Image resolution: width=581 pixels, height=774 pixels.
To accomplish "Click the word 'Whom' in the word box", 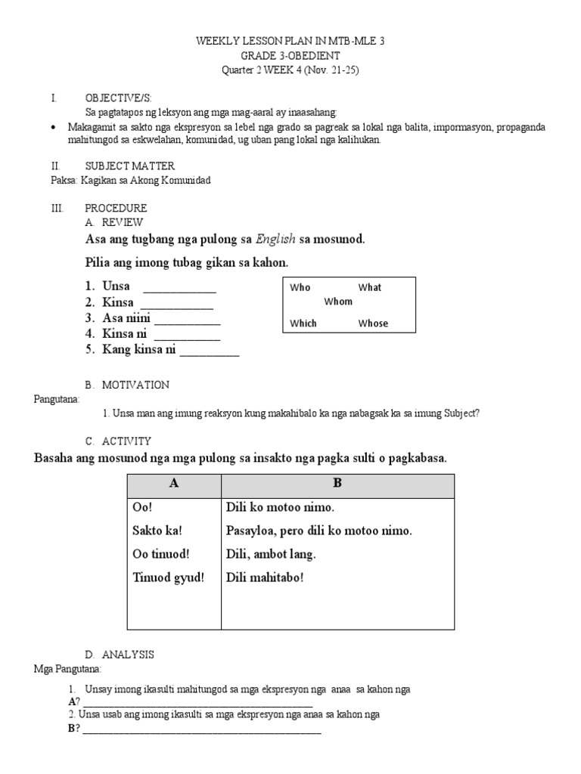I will click(338, 302).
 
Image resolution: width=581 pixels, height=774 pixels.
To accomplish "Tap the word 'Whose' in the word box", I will click(373, 324).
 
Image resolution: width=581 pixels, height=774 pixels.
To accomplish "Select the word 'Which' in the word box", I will click(303, 324).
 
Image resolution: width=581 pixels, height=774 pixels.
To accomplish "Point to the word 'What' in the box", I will click(370, 287).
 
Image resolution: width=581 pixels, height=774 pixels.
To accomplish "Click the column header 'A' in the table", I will click(174, 484).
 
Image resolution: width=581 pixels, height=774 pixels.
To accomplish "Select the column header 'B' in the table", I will click(337, 484).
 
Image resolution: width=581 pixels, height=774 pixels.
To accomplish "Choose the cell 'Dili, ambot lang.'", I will click(271, 554).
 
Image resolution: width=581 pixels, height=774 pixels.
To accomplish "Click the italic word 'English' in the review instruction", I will click(275, 240).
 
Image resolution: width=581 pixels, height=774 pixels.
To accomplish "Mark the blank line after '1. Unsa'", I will click(179, 290).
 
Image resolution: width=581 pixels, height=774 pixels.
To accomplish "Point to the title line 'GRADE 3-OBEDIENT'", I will click(291, 56).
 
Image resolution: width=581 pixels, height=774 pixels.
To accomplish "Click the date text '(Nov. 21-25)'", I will click(340, 70).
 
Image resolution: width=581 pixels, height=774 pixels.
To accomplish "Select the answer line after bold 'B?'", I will click(201, 732).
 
